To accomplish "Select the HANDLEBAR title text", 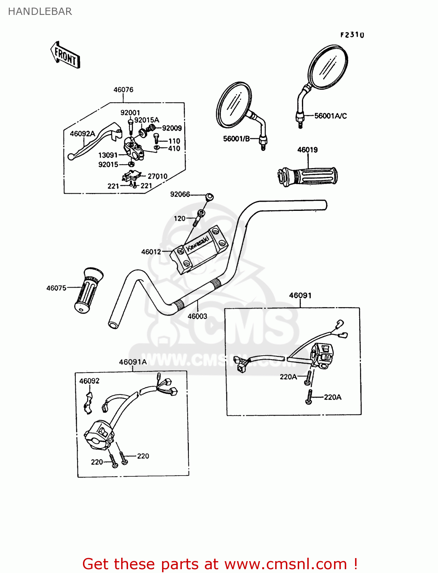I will click(x=40, y=11).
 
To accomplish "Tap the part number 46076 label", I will click(x=123, y=90).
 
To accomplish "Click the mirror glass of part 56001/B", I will click(x=234, y=104).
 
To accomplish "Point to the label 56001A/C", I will click(x=330, y=116).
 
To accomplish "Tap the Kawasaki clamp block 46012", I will click(x=199, y=250).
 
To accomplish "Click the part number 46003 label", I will click(x=197, y=316).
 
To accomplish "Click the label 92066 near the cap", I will click(x=180, y=194).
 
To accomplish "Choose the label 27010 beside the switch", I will click(x=157, y=176).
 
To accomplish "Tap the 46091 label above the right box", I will click(x=300, y=295).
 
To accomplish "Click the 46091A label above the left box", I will click(x=133, y=362).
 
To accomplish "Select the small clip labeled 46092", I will click(x=88, y=403).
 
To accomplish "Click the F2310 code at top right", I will click(x=352, y=35).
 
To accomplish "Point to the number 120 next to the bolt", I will click(x=180, y=219).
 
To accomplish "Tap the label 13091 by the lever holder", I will click(x=108, y=155).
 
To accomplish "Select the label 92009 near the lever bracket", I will click(x=172, y=128).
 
